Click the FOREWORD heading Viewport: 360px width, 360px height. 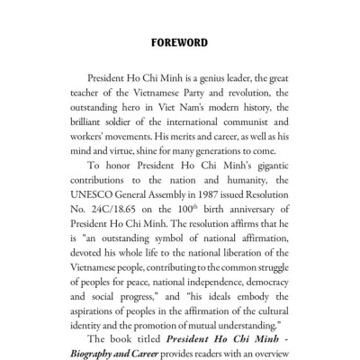[180, 40]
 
